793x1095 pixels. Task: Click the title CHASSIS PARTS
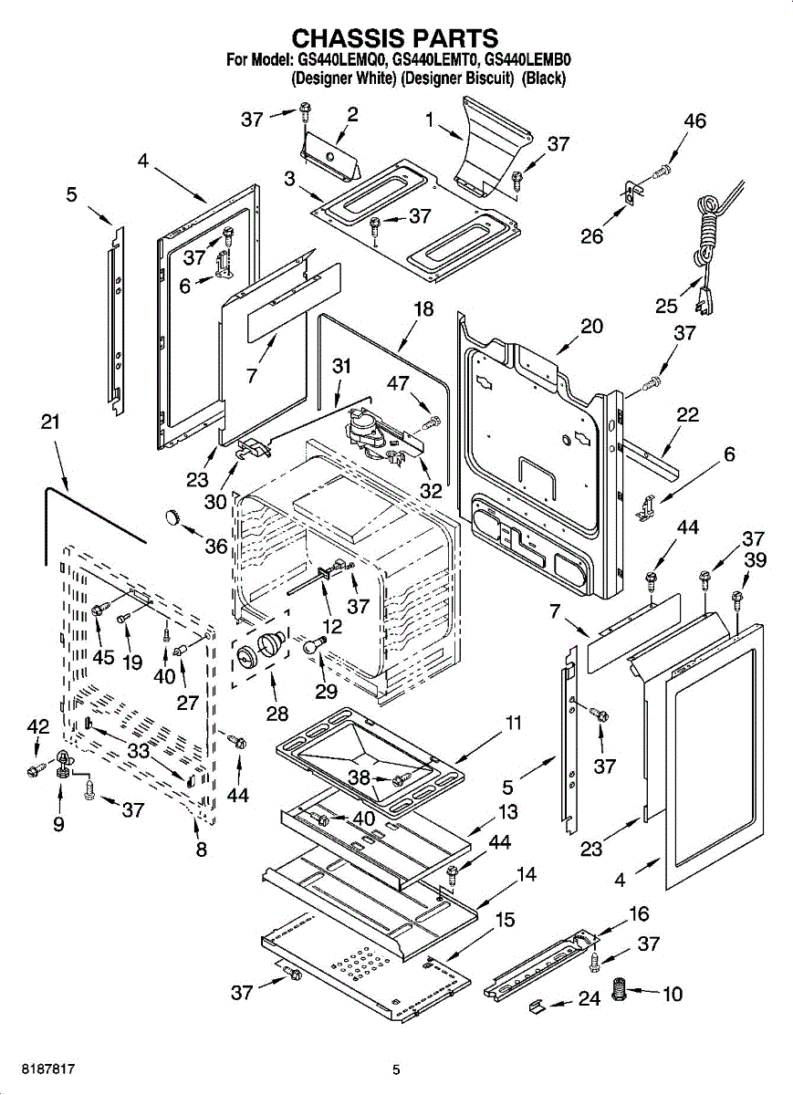(394, 38)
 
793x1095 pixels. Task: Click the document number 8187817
(38, 1069)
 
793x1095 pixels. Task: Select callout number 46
(694, 121)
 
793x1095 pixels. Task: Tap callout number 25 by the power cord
(666, 305)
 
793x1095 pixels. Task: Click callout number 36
(215, 546)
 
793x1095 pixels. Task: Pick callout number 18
(423, 309)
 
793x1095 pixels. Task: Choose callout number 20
(591, 326)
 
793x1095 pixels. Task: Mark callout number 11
(514, 723)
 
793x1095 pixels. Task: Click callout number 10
(672, 993)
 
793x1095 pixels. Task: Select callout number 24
(590, 999)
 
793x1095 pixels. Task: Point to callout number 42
(37, 726)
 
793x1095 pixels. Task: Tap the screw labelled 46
(663, 170)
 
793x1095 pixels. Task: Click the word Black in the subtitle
(544, 78)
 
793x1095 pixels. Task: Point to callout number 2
(352, 114)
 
